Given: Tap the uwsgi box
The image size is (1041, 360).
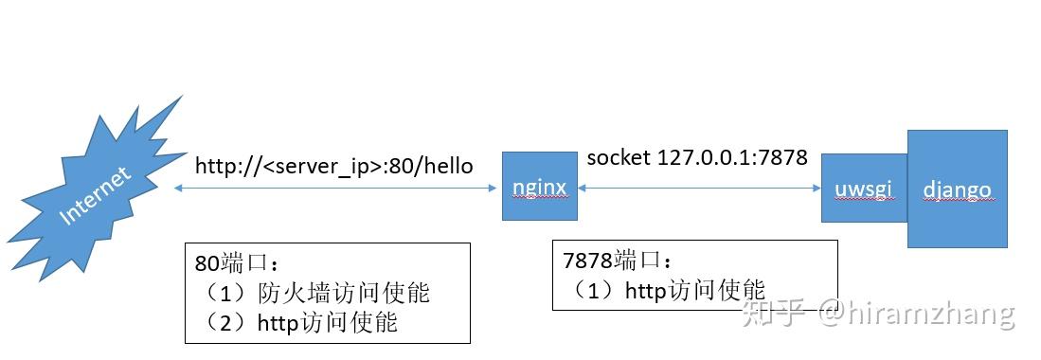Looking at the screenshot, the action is click(863, 188).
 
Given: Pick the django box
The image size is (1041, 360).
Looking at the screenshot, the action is click(957, 188).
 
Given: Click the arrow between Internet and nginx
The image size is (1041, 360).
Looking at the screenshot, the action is click(336, 189).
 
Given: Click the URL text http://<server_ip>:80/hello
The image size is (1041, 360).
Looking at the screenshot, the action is click(333, 166).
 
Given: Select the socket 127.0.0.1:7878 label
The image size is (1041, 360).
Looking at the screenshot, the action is click(696, 157).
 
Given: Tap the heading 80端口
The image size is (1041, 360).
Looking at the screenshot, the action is click(238, 263).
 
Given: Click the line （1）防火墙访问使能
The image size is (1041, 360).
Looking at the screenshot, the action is click(317, 293).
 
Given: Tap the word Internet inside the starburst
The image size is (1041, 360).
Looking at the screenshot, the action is click(96, 196).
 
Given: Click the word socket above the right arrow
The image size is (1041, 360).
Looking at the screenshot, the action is click(619, 157).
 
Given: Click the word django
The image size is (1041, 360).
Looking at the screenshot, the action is click(957, 189).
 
